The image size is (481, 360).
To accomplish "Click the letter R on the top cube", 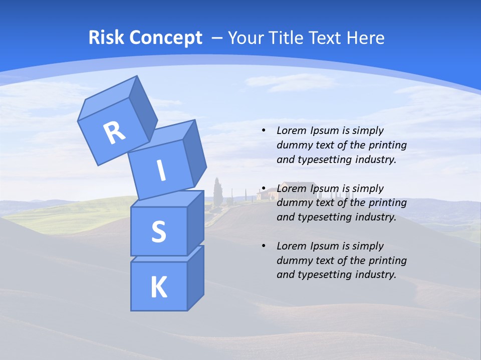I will click(x=114, y=133).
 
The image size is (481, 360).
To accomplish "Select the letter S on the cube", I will click(x=158, y=231).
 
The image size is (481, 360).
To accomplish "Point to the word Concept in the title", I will click(x=165, y=38).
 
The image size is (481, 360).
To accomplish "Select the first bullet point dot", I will click(x=264, y=130).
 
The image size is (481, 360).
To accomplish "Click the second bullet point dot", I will click(x=264, y=188).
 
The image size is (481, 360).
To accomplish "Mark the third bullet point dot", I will click(x=264, y=246).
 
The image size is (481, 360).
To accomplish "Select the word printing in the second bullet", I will click(x=388, y=202).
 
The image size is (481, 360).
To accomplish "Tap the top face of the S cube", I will click(x=167, y=199).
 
